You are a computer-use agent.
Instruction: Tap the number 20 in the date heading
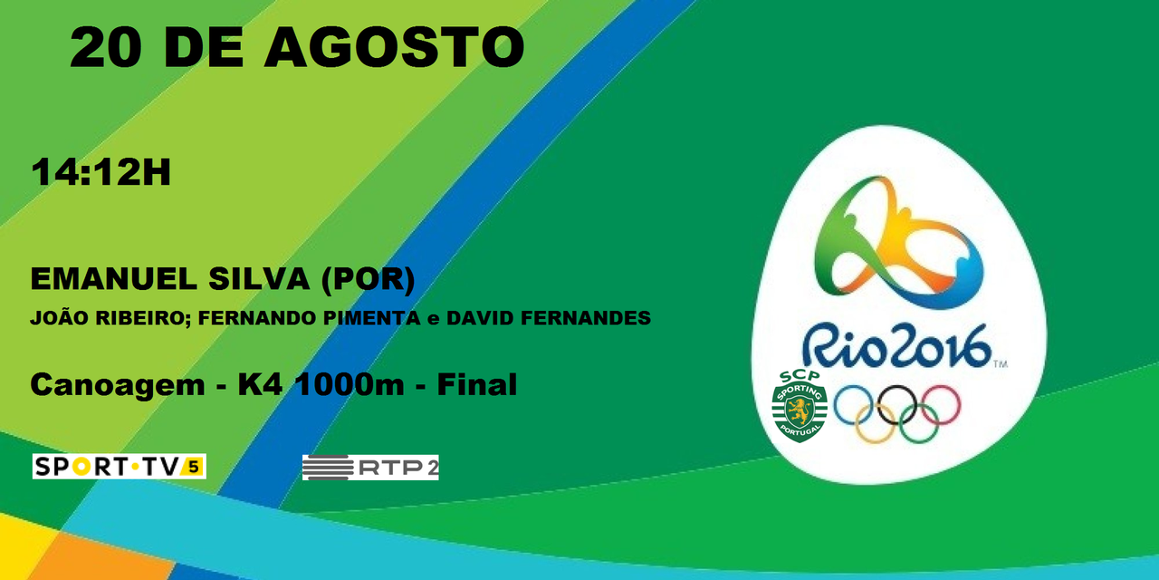pyautogui.click(x=103, y=48)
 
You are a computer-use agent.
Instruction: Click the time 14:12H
pyautogui.click(x=101, y=173)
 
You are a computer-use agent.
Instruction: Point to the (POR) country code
pyautogui.click(x=368, y=280)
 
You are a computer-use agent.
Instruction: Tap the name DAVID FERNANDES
pyautogui.click(x=549, y=319)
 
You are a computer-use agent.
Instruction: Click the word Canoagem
pyautogui.click(x=118, y=385)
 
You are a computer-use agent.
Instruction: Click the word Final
pyautogui.click(x=476, y=385)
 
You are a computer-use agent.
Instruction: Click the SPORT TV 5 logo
pyautogui.click(x=119, y=467)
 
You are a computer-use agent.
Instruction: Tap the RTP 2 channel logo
pyautogui.click(x=370, y=468)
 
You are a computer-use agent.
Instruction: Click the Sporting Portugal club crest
pyautogui.click(x=799, y=407)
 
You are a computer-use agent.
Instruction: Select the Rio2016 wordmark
pyautogui.click(x=896, y=347)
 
